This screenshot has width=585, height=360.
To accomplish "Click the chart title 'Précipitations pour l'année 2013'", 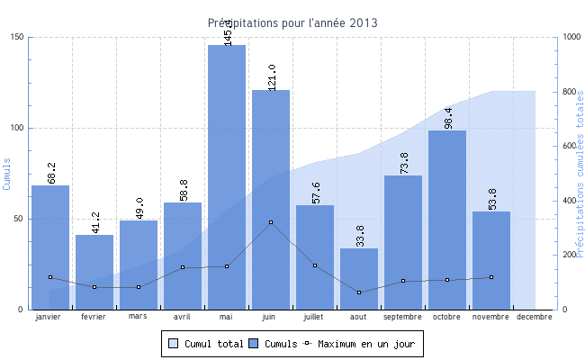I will point(292,22).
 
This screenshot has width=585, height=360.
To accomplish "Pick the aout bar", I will point(359,278).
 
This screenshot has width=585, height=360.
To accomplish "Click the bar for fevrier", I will point(94,272).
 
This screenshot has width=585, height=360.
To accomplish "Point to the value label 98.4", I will point(447,116).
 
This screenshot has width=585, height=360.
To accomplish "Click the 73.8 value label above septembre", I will point(403,162).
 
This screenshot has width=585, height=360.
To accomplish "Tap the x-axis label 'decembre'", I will point(535,317).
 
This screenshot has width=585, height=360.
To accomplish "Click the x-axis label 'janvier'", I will point(50,317).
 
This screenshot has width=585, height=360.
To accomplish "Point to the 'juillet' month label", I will point(315,317).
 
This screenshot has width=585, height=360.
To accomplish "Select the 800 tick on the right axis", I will point(570,92).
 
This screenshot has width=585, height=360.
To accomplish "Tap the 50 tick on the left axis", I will point(20,219).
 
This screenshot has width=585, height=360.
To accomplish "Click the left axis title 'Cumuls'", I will point(7,174).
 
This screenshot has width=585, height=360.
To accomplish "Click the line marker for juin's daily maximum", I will point(271,222).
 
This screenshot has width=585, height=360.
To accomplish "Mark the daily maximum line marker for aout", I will point(359,292).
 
